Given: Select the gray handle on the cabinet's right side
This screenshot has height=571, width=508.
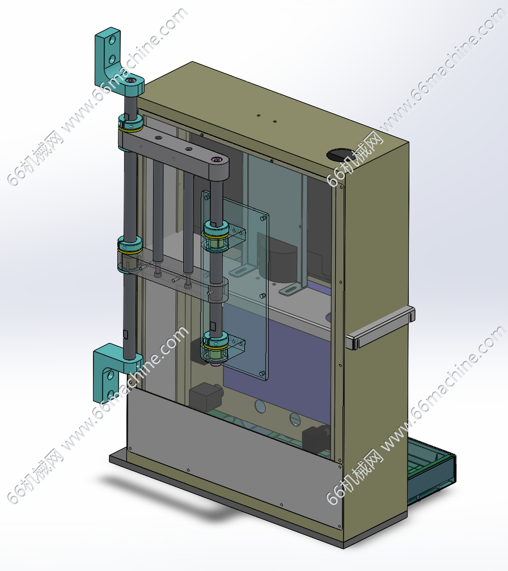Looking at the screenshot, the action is (x=380, y=327).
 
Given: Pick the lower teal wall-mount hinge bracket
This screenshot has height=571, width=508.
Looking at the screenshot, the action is (x=113, y=371).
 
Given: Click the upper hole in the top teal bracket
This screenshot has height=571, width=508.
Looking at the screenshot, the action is (x=112, y=39).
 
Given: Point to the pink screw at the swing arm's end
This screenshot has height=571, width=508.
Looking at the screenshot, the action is (x=217, y=159).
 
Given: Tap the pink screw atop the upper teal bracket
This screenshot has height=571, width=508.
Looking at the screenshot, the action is (x=131, y=80).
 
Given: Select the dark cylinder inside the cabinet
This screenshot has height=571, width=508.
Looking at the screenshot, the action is (x=278, y=258).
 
